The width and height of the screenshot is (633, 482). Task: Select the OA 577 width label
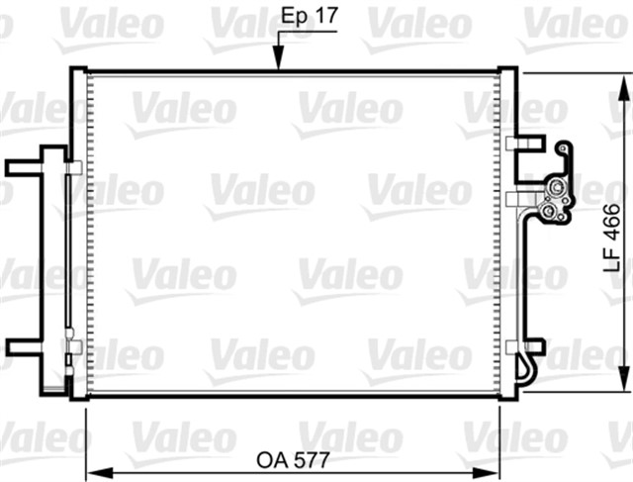(292, 460)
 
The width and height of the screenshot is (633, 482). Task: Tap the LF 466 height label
(612, 238)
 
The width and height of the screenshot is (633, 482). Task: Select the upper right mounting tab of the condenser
(531, 143)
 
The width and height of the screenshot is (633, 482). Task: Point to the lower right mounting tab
(531, 346)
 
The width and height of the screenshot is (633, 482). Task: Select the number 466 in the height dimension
(612, 223)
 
